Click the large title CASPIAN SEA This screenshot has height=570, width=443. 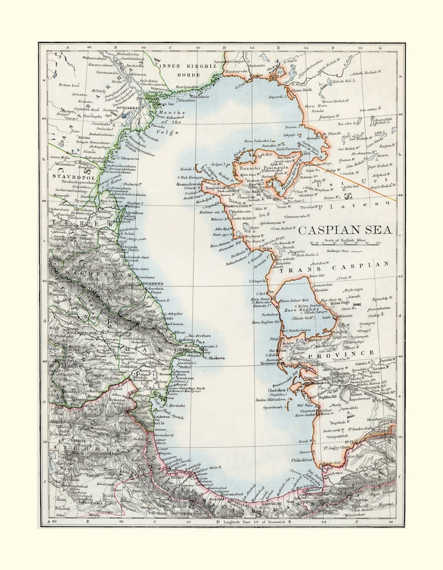pos(344,230)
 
